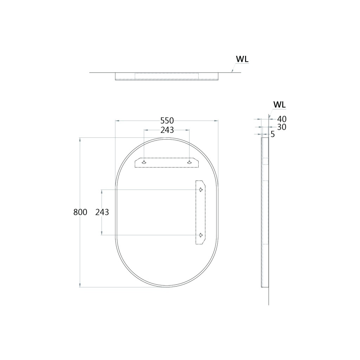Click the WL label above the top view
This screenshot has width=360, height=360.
pyautogui.click(x=242, y=59)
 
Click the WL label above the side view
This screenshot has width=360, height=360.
pyautogui.click(x=279, y=104)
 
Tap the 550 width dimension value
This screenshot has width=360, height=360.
pyautogui.click(x=167, y=121)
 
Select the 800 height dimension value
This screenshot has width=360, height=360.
pyautogui.click(x=80, y=212)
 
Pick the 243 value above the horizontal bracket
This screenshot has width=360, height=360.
pyautogui.click(x=167, y=130)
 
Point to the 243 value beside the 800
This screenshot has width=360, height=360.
pyautogui.click(x=102, y=212)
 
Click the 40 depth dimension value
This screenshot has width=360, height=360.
pyautogui.click(x=282, y=119)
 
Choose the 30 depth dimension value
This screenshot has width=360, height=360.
pyautogui.click(x=282, y=127)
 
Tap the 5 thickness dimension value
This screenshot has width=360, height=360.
pyautogui.click(x=273, y=134)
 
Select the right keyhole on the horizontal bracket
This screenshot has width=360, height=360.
pyautogui.click(x=189, y=162)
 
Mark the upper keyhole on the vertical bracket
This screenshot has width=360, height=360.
pyautogui.click(x=200, y=190)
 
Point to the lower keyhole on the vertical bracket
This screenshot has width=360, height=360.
pyautogui.click(x=200, y=235)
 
